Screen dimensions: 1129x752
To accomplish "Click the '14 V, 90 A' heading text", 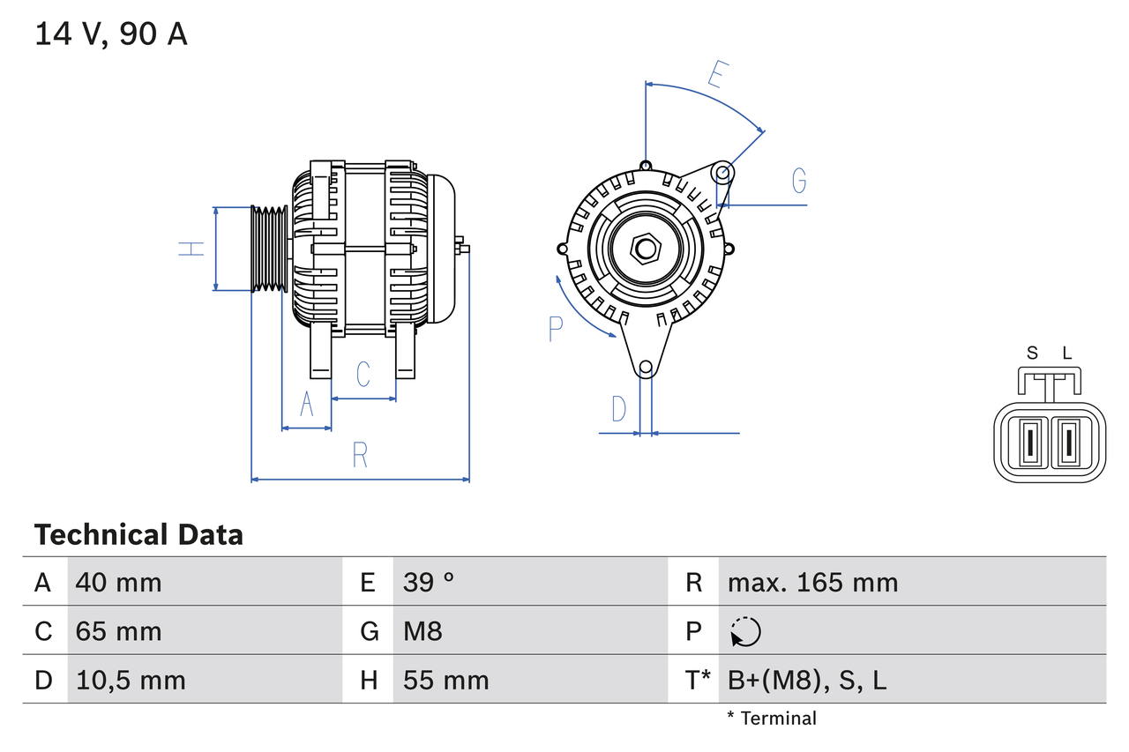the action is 111,34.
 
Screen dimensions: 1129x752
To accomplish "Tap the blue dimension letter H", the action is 191,249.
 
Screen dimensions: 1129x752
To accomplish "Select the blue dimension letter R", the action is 360,455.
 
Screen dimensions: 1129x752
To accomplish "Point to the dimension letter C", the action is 363,374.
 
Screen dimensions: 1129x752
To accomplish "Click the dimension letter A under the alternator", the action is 307,404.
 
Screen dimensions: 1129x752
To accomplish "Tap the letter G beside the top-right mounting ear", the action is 799,181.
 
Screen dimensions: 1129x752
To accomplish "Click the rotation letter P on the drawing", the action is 555,329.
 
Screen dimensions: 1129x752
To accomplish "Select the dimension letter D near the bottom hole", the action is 619,409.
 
